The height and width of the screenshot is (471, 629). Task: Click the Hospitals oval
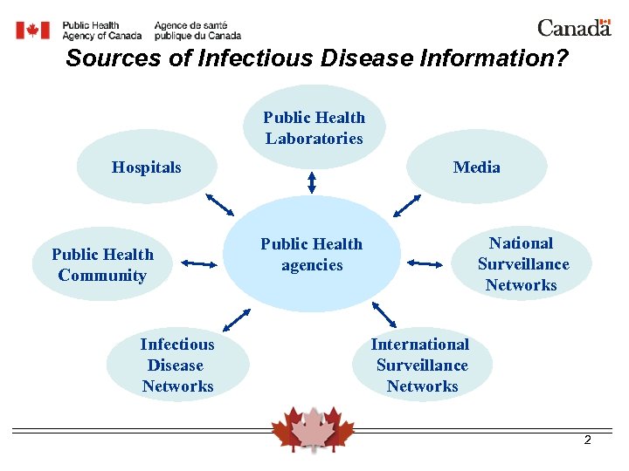(x=146, y=167)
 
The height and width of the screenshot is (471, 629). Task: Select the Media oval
(x=477, y=167)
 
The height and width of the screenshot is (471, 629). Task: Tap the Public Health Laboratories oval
(x=314, y=127)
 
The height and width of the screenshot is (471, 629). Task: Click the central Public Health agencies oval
(x=312, y=254)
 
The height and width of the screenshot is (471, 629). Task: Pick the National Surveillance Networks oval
(x=522, y=263)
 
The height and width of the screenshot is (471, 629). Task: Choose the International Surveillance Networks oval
(x=422, y=365)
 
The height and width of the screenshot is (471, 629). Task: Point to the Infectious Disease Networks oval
(x=177, y=365)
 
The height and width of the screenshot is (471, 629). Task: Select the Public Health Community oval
(x=102, y=264)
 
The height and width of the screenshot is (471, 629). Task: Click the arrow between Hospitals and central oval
(x=219, y=204)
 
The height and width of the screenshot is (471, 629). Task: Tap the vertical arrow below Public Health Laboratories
(x=312, y=182)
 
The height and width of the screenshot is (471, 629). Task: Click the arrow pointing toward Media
(x=406, y=205)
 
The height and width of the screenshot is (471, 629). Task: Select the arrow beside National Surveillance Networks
(x=425, y=263)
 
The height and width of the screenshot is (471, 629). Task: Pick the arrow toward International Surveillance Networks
(x=384, y=314)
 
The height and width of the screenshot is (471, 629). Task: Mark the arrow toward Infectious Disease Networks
(x=237, y=318)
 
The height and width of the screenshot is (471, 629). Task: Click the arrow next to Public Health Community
(x=198, y=263)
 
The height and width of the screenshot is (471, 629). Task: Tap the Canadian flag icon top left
(x=33, y=31)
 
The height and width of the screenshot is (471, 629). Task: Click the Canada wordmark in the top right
(x=574, y=28)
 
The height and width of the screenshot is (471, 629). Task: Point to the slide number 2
(x=587, y=440)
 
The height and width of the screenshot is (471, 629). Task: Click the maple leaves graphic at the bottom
(x=312, y=427)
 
